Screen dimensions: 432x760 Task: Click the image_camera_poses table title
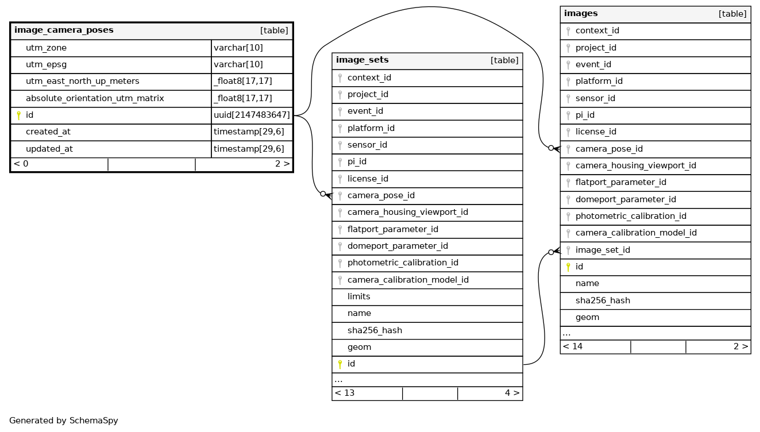click(64, 30)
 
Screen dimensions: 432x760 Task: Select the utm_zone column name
click(46, 48)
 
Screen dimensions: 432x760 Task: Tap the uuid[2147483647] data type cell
click(252, 115)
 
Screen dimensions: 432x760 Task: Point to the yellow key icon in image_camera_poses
click(18, 115)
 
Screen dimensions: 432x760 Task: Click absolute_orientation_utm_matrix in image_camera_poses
click(95, 98)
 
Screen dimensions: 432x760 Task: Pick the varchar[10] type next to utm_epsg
click(238, 65)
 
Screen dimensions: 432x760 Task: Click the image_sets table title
click(362, 60)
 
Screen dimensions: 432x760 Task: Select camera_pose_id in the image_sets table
click(381, 195)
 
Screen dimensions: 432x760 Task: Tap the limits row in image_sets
click(358, 296)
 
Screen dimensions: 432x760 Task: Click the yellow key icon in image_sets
click(340, 364)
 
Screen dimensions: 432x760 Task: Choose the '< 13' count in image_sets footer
click(345, 393)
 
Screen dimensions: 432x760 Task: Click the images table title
click(581, 13)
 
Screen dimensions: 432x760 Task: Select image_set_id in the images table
click(603, 250)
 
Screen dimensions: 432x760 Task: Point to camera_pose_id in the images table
click(609, 149)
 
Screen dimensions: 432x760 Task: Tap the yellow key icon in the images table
click(568, 267)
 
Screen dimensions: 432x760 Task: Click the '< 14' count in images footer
click(573, 346)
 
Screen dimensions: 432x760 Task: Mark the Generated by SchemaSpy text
click(64, 421)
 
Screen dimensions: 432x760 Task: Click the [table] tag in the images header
click(732, 14)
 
